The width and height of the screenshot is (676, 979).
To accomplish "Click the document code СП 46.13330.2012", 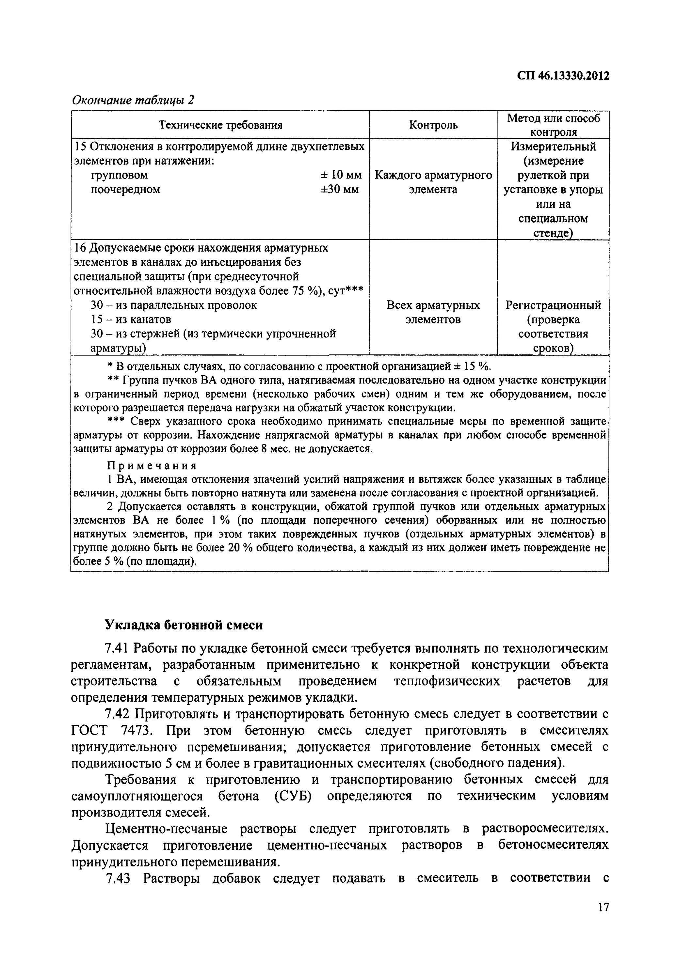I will [x=563, y=76].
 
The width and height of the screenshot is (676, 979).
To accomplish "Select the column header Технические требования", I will [x=220, y=125].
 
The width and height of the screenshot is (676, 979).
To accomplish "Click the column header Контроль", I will [x=433, y=125].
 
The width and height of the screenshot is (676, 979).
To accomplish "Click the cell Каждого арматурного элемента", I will [x=433, y=182].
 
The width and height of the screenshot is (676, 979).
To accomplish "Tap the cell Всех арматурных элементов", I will [x=433, y=312].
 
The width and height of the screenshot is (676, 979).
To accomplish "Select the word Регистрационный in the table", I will [x=553, y=305].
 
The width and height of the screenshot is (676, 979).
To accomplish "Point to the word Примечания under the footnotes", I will [x=152, y=466].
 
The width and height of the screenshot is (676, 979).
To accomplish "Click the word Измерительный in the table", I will [x=553, y=147].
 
